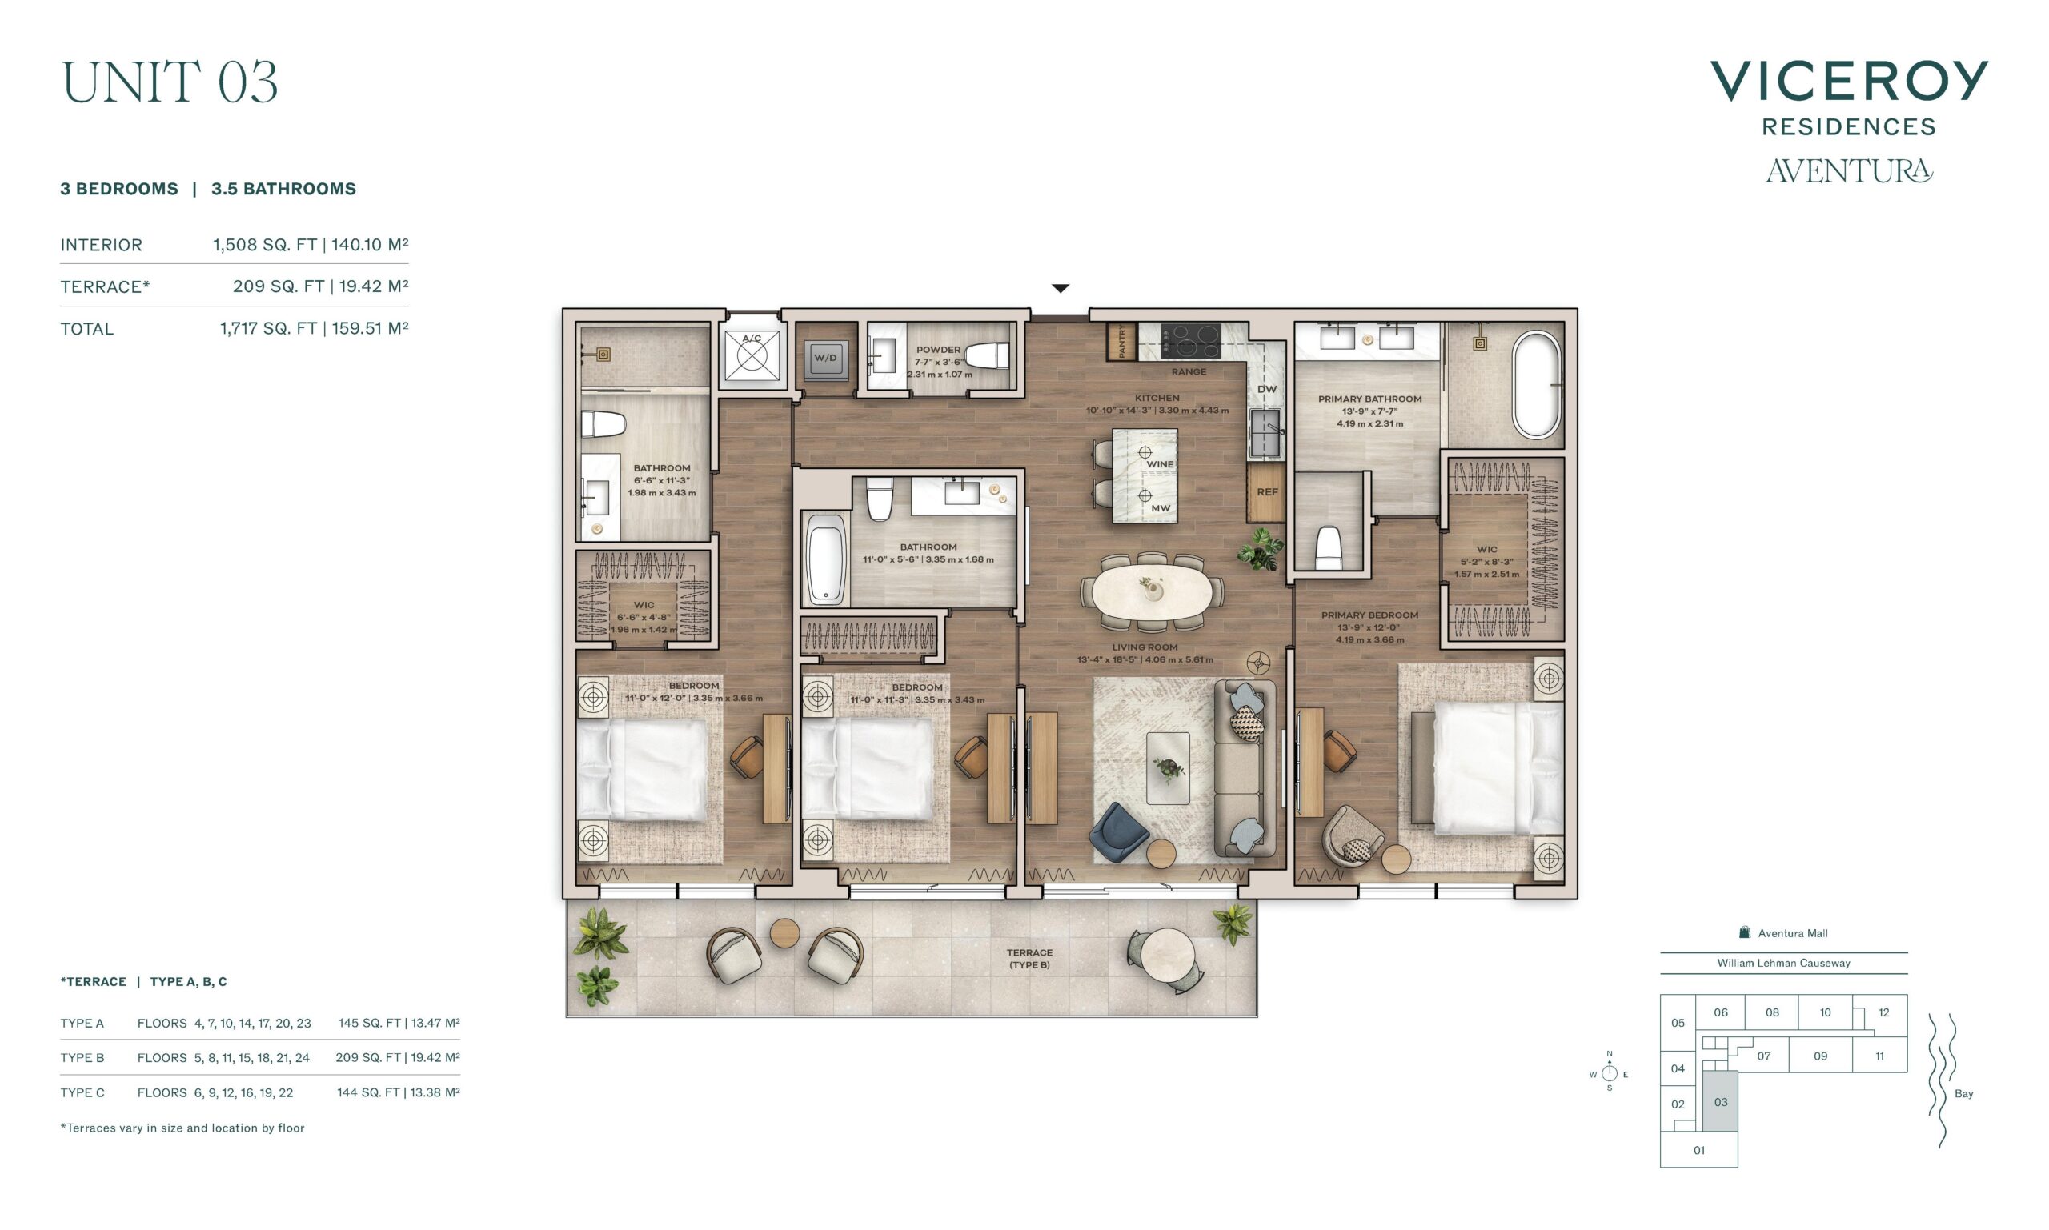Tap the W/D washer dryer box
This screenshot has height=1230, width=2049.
(824, 358)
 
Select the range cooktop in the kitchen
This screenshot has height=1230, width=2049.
(1190, 341)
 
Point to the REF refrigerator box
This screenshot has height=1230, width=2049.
(1266, 492)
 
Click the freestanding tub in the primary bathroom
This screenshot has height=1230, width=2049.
(1536, 385)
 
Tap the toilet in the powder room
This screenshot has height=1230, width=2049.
(986, 355)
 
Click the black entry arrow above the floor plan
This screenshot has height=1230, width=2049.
(1061, 288)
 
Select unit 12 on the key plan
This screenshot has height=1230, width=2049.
(1883, 1012)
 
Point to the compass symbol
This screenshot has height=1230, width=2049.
(1609, 1072)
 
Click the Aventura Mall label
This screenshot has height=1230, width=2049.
(1792, 933)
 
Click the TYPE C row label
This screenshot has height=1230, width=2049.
(82, 1092)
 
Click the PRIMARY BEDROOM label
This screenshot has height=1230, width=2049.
(1369, 615)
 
